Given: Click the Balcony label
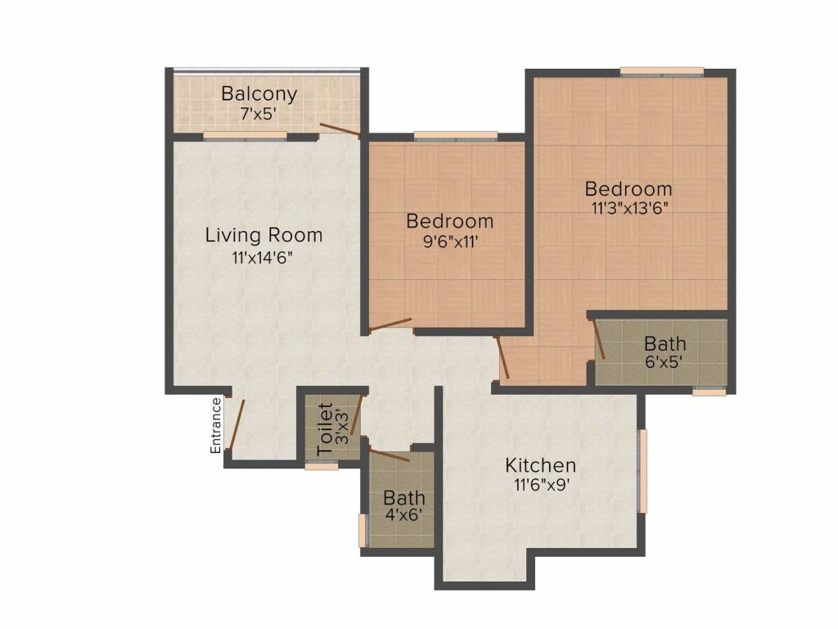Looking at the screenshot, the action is (x=259, y=93).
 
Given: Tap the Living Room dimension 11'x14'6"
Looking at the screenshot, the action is (x=263, y=257).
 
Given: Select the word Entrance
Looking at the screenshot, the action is (x=215, y=426).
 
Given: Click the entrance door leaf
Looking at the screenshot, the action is (x=236, y=424).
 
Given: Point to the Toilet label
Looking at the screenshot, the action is (x=325, y=429).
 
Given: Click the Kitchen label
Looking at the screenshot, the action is (x=540, y=465).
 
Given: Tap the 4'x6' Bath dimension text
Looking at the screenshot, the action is (x=404, y=515).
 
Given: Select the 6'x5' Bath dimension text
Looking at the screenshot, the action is (x=665, y=362).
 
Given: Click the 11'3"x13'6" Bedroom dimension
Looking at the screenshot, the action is (x=630, y=207).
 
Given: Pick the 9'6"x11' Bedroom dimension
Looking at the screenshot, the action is (x=450, y=242).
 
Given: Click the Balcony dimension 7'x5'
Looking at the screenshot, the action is (x=259, y=114).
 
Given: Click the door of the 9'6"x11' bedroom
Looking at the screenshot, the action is (x=390, y=324).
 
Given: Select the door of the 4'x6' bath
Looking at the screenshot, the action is (x=389, y=455).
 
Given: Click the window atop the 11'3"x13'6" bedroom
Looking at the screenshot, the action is (x=661, y=71).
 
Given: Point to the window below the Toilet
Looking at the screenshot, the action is (x=322, y=466).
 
